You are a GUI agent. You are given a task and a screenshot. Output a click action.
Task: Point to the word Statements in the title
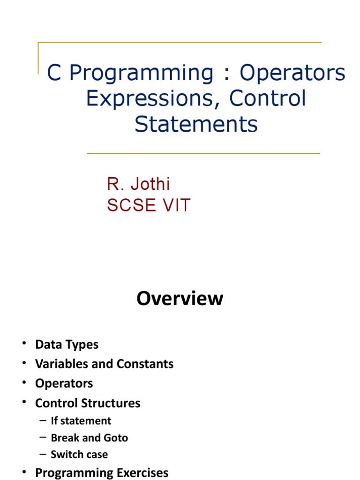pos(196,124)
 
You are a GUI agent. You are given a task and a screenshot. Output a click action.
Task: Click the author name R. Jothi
pos(138,184)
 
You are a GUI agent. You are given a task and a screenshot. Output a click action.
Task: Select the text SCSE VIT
pos(149,206)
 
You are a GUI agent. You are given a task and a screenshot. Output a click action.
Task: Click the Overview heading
pos(180,299)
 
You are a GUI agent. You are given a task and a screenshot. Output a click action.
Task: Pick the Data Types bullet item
pos(67,345)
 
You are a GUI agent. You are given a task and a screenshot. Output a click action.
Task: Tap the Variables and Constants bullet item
pos(104,364)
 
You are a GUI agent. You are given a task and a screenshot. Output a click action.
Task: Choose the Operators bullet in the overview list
pos(64,383)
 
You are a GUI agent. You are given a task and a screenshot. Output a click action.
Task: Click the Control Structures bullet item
pos(88,403)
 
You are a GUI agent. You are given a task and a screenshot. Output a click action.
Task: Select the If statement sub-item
pos(81,420)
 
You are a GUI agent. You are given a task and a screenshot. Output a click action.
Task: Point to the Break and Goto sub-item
pos(89,437)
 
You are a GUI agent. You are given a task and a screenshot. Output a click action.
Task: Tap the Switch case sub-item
pos(79,454)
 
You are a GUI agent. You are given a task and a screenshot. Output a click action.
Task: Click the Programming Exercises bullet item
pos(102,472)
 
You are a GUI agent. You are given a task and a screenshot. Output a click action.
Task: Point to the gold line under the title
pos(203,153)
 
